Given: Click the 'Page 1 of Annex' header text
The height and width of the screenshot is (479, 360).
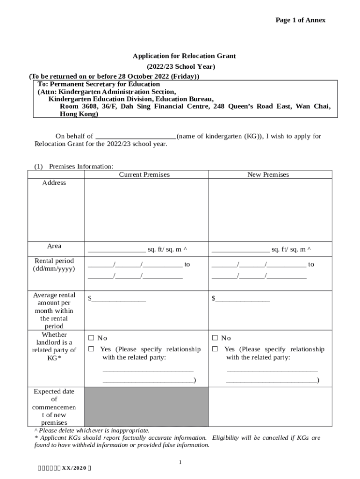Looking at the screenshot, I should click(x=300, y=20).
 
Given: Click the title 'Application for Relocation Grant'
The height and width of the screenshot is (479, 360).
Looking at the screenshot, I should click(x=184, y=56).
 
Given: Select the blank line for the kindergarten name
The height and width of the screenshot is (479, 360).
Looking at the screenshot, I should click(x=136, y=137).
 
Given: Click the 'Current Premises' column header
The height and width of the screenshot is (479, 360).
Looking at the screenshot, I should click(x=144, y=174).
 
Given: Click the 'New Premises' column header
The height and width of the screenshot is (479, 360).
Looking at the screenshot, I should click(x=268, y=174).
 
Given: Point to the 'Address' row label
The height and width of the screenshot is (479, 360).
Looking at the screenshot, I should click(x=54, y=183).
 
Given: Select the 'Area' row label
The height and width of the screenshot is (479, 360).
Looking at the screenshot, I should click(x=54, y=246).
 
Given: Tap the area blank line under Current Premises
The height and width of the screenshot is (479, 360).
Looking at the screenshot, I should click(x=116, y=250).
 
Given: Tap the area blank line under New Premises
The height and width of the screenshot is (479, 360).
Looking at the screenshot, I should click(x=240, y=250).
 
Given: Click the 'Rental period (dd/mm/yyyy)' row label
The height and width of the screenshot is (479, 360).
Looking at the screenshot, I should click(x=54, y=265).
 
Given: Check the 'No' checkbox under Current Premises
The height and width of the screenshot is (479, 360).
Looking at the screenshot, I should click(x=91, y=338).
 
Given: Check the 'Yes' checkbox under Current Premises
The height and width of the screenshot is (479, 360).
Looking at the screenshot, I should click(x=91, y=349).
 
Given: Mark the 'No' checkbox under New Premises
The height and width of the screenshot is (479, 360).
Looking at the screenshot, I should click(x=215, y=338).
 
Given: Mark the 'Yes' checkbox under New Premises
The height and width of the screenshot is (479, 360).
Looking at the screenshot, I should click(x=215, y=349).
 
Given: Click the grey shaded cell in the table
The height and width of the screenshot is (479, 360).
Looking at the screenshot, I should click(x=146, y=406).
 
